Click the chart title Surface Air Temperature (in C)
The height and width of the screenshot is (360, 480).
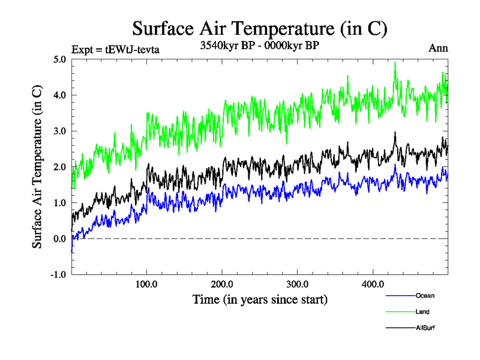point(260,28)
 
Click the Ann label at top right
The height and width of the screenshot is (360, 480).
point(438,49)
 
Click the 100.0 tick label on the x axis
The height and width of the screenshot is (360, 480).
point(147,284)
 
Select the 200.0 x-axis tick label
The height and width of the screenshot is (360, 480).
point(222,284)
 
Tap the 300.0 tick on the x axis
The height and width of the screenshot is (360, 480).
point(298,284)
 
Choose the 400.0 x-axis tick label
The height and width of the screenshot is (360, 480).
point(373,284)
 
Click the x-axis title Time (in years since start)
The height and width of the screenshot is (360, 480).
point(260,298)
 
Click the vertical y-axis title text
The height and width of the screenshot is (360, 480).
point(37,167)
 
